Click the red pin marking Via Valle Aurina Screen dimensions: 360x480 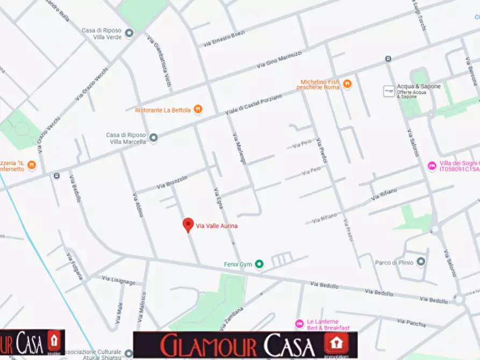pos(188,225)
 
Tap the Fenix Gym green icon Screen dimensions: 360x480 pos(260,264)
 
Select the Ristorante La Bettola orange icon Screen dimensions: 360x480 pos(198,110)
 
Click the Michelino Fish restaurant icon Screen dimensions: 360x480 pos(347,84)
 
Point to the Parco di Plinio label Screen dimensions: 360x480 pos(393,262)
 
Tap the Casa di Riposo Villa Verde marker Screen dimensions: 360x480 pos(129,34)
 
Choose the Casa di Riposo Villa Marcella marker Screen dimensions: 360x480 pos(154,138)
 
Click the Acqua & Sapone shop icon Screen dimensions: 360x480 pos(388,90)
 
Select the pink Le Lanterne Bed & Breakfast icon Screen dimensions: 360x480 pos(299,324)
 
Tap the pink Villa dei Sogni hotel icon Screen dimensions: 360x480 pos(432,166)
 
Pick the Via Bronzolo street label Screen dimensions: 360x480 pos(172,181)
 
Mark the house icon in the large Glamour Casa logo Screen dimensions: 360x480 pos(336,344)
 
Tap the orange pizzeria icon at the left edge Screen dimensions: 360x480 pos(32,164)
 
